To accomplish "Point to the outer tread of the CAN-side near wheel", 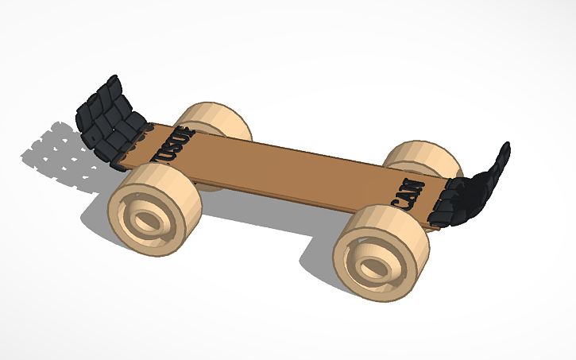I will pos(413,238).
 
